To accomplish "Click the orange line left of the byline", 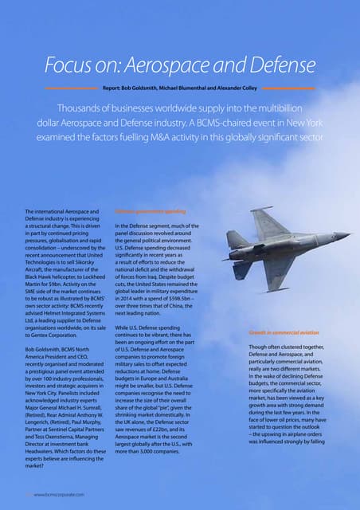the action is click(72, 87).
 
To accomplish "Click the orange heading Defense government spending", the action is click(151, 212).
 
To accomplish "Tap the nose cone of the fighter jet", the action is click(342, 235).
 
